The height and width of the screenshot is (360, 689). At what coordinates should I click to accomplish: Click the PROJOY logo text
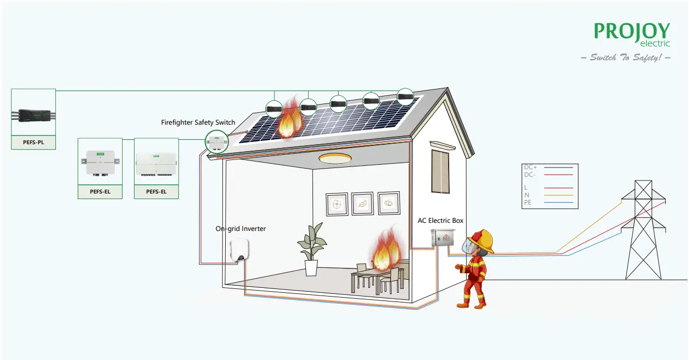tap(631, 31)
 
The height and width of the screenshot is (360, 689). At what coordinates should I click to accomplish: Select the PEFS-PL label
tap(33, 143)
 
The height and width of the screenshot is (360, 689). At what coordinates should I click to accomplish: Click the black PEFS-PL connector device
tap(33, 115)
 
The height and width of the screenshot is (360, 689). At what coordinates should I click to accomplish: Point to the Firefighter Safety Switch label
tap(198, 123)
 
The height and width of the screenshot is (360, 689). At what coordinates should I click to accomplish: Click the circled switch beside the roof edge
tap(216, 142)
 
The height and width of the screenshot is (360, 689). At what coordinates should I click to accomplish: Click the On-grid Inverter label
tap(240, 229)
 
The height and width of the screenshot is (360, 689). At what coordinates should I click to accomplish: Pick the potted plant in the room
tap(311, 250)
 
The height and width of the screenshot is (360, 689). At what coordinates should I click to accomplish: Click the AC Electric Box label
tap(441, 221)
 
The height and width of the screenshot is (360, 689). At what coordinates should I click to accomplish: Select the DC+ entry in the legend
tap(531, 168)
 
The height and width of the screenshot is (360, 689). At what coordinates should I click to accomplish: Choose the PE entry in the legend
tap(528, 202)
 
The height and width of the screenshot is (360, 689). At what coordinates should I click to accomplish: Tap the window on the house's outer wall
tap(441, 171)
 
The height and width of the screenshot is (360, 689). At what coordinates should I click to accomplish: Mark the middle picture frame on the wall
tap(362, 204)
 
